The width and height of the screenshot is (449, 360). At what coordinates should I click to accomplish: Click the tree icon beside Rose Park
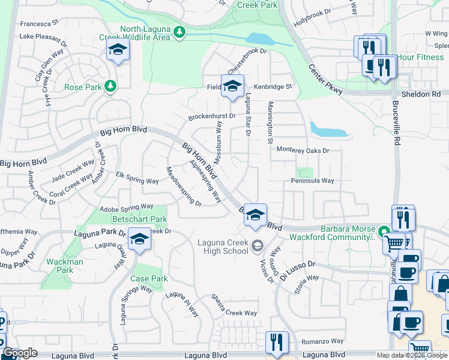pyautogui.click(x=110, y=87)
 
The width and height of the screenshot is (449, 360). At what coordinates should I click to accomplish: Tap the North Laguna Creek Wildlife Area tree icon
pyautogui.click(x=178, y=32)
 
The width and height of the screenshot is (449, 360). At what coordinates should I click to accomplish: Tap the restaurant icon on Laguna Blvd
pyautogui.click(x=277, y=343)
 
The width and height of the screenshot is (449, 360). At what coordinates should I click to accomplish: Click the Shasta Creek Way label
pyautogui.click(x=234, y=313)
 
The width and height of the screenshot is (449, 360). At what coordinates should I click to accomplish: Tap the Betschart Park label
pyautogui.click(x=139, y=220)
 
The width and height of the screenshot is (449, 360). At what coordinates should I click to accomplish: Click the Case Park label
pyautogui.click(x=149, y=279)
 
